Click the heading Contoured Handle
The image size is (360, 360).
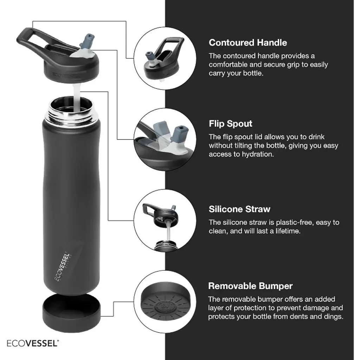[248, 43]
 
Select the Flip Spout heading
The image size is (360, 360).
[231, 124]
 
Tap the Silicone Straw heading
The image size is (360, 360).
[239, 209]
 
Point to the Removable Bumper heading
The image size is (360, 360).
[250, 286]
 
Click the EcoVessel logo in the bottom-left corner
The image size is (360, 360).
[33, 343]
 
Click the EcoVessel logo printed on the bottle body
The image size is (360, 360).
[63, 267]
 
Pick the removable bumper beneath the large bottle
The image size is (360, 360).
[71, 313]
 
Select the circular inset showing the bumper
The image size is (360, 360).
[165, 301]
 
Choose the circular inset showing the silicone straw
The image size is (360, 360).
[165, 221]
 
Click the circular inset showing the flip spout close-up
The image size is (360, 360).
[165, 140]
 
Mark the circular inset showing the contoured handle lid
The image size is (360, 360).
[165, 58]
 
